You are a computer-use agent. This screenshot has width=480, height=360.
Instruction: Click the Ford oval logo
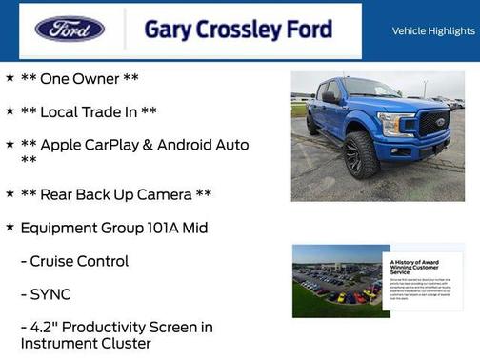tap(70, 30)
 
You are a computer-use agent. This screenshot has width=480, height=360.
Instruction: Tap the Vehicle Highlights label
tap(433, 31)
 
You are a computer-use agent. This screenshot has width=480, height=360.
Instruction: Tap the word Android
tap(191, 145)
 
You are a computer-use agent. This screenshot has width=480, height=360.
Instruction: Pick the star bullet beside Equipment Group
tap(10, 227)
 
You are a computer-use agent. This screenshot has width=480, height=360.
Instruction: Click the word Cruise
tap(52, 261)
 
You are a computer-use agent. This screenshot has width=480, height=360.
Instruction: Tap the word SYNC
tap(50, 294)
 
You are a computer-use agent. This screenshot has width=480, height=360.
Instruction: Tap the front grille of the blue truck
tap(434, 125)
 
